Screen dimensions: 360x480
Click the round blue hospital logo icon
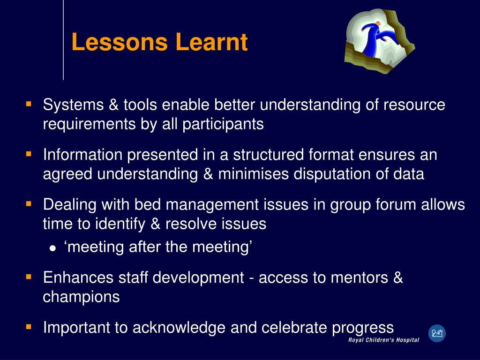click(x=437, y=333)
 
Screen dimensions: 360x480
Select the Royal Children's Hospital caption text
click(x=383, y=340)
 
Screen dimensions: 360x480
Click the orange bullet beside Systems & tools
click(x=29, y=103)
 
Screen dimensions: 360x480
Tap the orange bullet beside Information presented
click(x=29, y=153)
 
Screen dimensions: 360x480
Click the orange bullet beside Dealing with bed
click(x=29, y=203)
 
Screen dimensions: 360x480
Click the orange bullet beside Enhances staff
click(x=29, y=277)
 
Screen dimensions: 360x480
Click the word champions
click(x=81, y=297)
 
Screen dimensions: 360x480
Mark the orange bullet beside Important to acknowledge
click(x=29, y=326)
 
